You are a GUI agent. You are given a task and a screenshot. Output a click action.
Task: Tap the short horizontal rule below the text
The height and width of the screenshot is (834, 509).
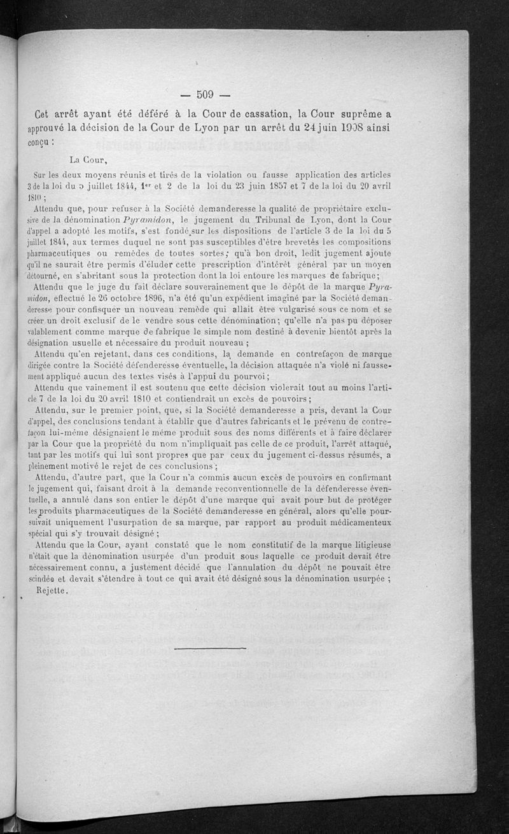tap(209, 648)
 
